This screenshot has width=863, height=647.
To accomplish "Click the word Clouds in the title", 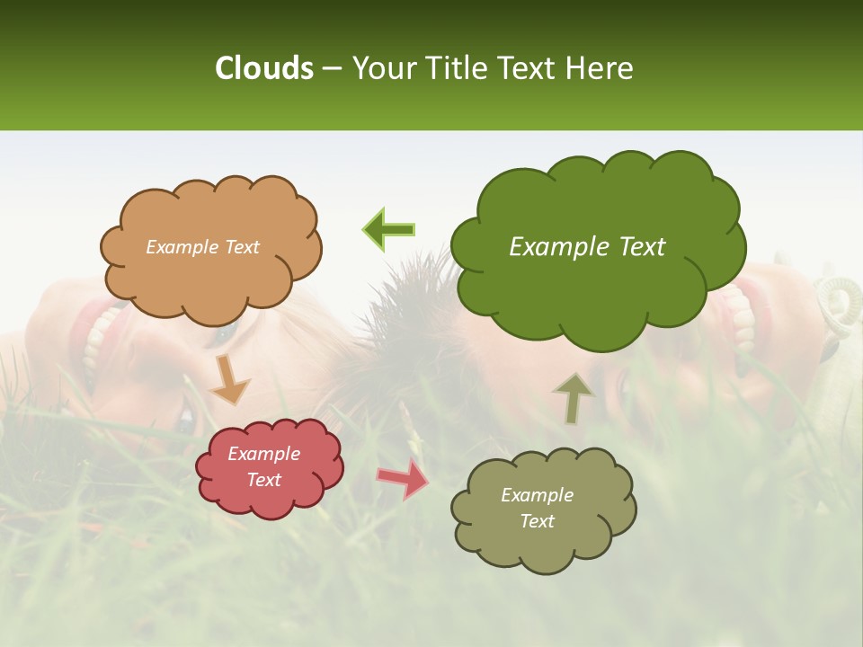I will [264, 68].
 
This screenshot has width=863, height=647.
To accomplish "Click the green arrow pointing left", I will [389, 229].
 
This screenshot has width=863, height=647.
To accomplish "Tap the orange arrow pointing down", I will [230, 380].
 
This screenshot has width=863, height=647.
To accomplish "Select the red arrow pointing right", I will [403, 479].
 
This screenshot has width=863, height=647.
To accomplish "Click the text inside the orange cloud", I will [202, 247].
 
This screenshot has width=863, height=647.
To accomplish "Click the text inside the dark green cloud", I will [587, 247].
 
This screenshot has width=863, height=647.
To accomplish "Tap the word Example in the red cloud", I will [263, 454].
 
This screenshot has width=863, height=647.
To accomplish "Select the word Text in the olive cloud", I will [537, 521].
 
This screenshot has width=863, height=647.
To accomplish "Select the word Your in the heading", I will [381, 68].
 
